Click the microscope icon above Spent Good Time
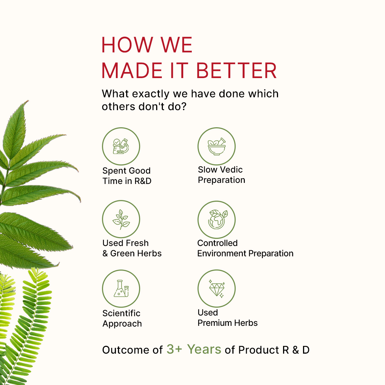(121, 147)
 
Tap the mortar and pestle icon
(217, 147)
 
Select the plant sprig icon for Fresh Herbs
(121, 219)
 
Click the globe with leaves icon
(217, 219)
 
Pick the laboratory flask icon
(121, 288)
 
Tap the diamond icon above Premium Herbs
(217, 289)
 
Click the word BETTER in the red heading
(236, 71)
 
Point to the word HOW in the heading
(127, 45)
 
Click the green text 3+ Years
(194, 349)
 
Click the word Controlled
(217, 243)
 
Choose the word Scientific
(121, 313)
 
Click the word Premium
(212, 323)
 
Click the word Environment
(221, 253)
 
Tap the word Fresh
(138, 243)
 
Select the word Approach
(122, 324)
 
